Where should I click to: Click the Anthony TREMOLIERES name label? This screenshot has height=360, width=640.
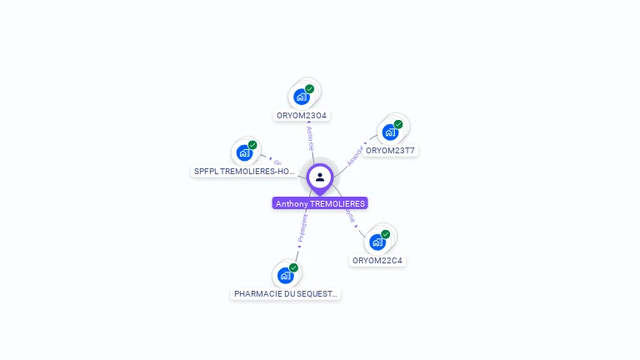[320, 203]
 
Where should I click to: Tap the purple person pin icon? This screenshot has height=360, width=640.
[320, 177]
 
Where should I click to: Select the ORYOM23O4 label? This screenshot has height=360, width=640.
[302, 115]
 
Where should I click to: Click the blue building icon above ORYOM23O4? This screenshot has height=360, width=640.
[302, 97]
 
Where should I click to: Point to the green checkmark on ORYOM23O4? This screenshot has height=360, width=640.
[310, 89]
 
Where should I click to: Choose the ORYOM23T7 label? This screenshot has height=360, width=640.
[390, 151]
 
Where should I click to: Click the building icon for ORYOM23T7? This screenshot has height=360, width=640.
[390, 132]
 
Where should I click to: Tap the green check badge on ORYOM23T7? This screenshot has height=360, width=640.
[398, 124]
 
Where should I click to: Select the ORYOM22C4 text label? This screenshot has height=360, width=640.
[377, 260]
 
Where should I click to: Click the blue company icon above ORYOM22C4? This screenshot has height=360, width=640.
[377, 242]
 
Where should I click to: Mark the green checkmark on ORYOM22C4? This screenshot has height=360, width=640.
[386, 234]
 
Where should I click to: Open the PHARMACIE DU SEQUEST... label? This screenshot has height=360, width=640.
[286, 294]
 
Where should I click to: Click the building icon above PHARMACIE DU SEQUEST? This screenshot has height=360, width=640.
[286, 275]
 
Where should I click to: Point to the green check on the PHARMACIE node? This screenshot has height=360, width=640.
[294, 267]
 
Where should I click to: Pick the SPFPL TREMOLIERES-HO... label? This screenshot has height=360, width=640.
[244, 171]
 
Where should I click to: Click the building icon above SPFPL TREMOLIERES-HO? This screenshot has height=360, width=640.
[244, 152]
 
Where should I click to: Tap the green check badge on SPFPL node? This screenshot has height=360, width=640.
[252, 145]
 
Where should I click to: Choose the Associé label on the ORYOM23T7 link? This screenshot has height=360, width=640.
[354, 155]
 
